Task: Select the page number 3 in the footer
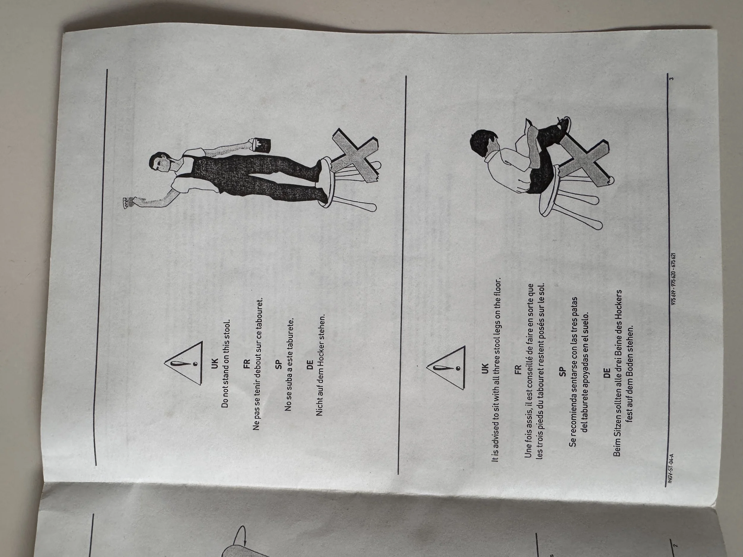click(672, 79)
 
